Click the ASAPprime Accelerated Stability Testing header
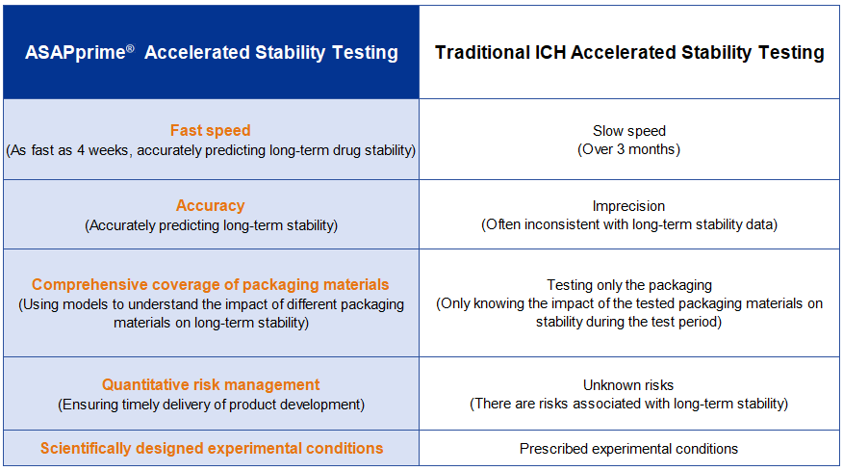(211, 53)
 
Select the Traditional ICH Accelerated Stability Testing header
(629, 53)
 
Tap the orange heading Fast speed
(211, 131)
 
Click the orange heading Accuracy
(211, 205)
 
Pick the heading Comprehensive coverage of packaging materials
(211, 284)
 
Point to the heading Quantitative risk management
(211, 384)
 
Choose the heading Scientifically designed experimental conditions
(211, 448)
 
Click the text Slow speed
(629, 131)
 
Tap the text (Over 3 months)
(629, 149)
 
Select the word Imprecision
(629, 206)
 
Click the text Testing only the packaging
(629, 285)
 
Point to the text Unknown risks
(629, 385)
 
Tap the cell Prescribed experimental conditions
(629, 449)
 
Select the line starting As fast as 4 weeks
(211, 150)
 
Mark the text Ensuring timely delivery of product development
(211, 404)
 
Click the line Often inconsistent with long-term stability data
(629, 224)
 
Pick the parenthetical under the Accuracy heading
(211, 225)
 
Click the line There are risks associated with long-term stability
(629, 404)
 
